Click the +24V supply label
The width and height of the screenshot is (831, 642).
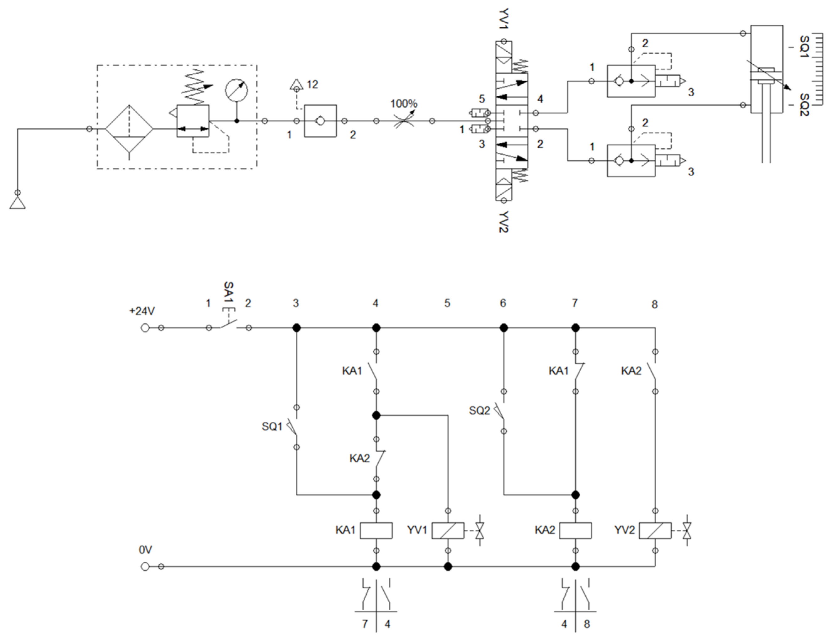pos(141,311)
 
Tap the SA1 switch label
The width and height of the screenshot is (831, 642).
pos(228,292)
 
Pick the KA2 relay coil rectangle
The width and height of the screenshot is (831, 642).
pos(575,531)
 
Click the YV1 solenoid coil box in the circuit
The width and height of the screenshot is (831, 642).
pos(448,531)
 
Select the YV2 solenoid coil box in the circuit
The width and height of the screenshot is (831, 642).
pos(655,531)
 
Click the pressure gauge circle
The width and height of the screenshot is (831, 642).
pos(236,90)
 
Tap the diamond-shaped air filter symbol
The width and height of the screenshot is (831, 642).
pos(129,129)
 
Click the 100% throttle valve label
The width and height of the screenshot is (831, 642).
pos(403,103)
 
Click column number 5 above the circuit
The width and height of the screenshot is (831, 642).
pos(447,303)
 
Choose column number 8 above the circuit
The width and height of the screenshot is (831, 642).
pos(654,304)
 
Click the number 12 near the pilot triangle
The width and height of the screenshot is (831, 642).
pos(312,84)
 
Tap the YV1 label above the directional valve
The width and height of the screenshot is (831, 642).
pos(504,19)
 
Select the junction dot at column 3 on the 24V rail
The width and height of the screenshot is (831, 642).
pos(296,327)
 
